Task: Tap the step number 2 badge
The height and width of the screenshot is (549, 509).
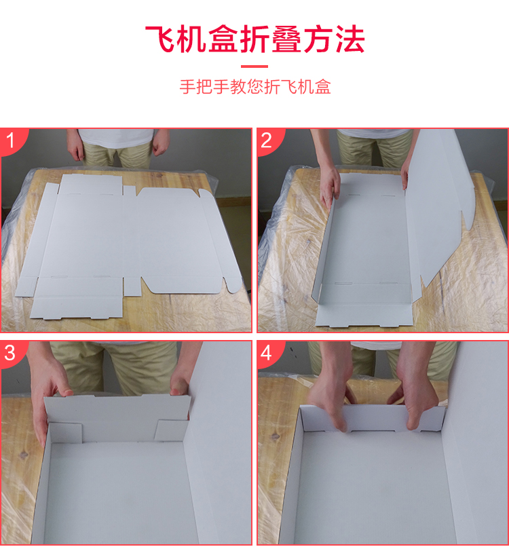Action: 267,140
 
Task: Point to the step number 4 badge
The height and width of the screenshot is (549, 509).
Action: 267,353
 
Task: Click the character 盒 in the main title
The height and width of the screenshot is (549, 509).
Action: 223,39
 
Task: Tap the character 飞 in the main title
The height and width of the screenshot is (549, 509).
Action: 161,39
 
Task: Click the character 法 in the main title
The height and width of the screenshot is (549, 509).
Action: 350,39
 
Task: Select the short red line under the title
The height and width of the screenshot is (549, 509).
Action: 254,67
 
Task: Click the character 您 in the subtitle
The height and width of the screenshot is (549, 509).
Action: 254,86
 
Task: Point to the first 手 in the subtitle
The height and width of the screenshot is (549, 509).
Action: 187,86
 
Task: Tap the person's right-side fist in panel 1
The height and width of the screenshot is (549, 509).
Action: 160,147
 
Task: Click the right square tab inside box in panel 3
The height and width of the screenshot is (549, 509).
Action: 170,430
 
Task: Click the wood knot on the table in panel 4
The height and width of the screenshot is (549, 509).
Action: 274,436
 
